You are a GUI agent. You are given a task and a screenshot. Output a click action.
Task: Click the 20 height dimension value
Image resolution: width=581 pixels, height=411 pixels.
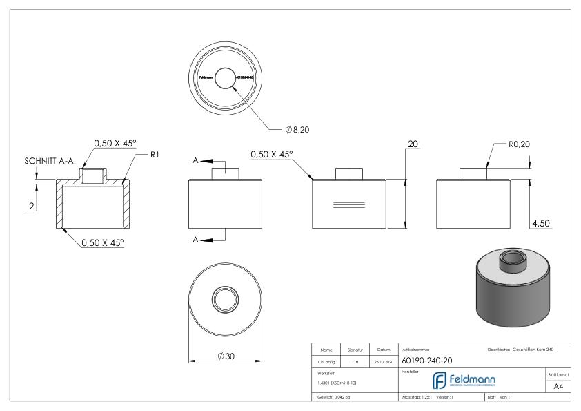[x=413, y=145]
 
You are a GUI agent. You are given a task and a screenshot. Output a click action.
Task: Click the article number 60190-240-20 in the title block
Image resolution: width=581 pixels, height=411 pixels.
[x=427, y=359]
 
